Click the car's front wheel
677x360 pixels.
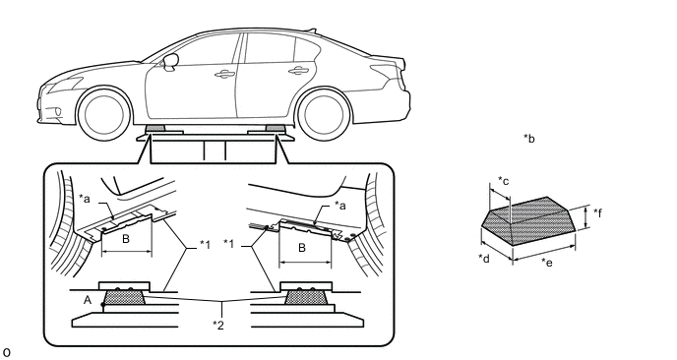[103, 114]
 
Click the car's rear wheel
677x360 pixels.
[324, 114]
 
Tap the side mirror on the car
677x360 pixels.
[170, 61]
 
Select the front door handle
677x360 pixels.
[224, 74]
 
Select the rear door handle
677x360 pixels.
[298, 71]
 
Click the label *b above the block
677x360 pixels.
[529, 138]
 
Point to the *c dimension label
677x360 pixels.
[504, 180]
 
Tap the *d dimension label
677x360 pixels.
[484, 258]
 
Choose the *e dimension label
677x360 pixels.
[546, 263]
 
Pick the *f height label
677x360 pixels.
[598, 212]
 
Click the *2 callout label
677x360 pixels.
[218, 325]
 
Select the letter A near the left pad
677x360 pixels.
[88, 300]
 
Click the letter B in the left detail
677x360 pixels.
[126, 239]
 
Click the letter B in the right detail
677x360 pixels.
[302, 248]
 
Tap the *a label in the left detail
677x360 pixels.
[85, 199]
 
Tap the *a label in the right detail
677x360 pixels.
[340, 206]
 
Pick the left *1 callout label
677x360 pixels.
[205, 245]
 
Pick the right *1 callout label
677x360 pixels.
[229, 244]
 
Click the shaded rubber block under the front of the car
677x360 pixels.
[154, 128]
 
